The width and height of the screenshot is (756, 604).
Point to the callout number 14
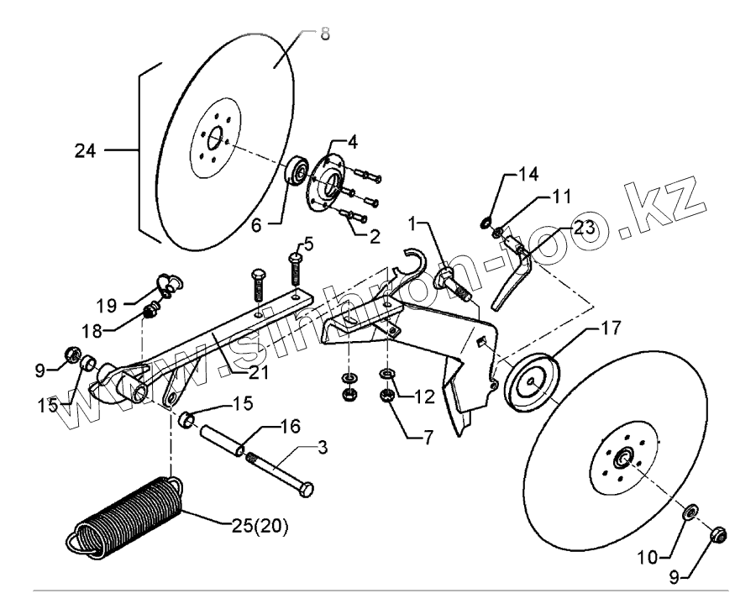click(x=528, y=175)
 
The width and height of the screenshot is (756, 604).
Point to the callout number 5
click(x=309, y=244)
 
